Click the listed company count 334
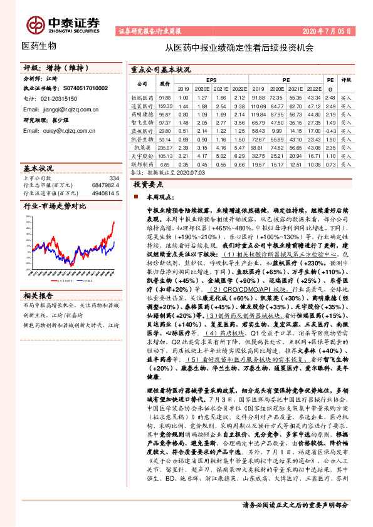113,178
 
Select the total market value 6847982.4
104,186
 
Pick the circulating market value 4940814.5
104,193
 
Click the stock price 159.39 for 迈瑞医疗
165,107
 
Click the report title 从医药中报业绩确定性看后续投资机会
239,47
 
